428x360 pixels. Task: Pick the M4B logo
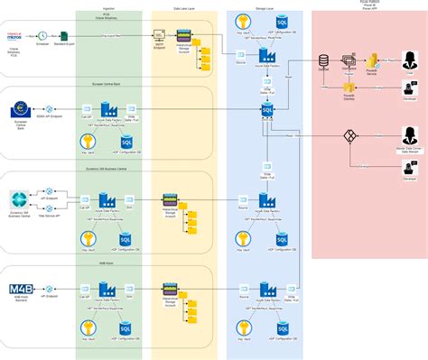click(19, 290)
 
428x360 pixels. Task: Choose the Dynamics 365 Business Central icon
click(20, 198)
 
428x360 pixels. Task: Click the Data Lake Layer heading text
click(186, 6)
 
